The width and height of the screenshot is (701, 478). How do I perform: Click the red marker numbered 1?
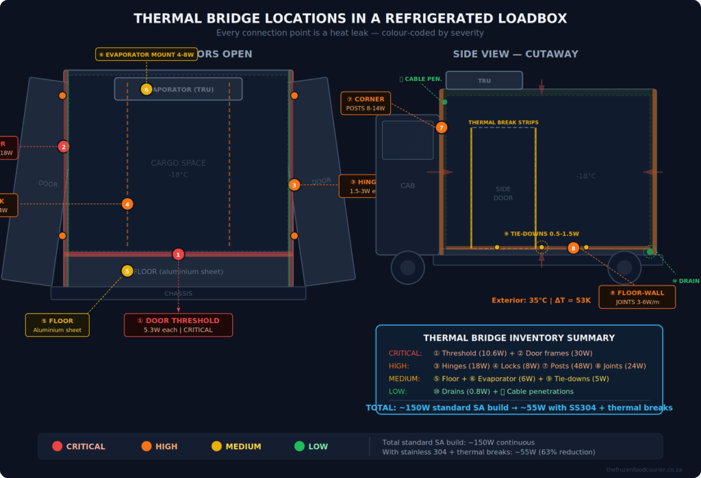(178, 254)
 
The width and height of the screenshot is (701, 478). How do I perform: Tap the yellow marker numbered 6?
(146, 89)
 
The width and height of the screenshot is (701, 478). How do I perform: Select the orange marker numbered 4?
(127, 204)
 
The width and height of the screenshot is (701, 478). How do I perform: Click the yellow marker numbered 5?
(127, 271)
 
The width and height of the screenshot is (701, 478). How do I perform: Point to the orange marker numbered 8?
(574, 248)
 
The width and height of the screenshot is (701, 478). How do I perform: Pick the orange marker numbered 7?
(442, 127)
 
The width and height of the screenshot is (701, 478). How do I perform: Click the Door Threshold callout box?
(178, 325)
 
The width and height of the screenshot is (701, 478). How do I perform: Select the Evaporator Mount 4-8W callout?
(146, 54)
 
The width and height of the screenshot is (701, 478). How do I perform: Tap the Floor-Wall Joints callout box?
(637, 297)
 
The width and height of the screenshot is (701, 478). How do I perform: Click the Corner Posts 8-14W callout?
(366, 103)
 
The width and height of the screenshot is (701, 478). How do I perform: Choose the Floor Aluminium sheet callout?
(58, 325)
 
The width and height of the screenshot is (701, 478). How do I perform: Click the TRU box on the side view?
(484, 80)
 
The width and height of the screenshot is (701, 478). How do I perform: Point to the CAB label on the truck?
(407, 186)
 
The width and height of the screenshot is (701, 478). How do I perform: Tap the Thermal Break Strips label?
(503, 123)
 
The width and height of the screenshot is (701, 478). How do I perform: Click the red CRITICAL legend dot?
(58, 446)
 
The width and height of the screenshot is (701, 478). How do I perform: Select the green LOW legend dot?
(299, 446)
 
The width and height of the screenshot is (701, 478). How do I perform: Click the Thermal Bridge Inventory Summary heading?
(519, 338)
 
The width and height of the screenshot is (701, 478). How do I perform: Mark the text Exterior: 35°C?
(519, 300)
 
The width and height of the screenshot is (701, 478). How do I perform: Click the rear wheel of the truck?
(624, 268)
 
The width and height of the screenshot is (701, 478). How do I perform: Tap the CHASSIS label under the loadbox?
(178, 294)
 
